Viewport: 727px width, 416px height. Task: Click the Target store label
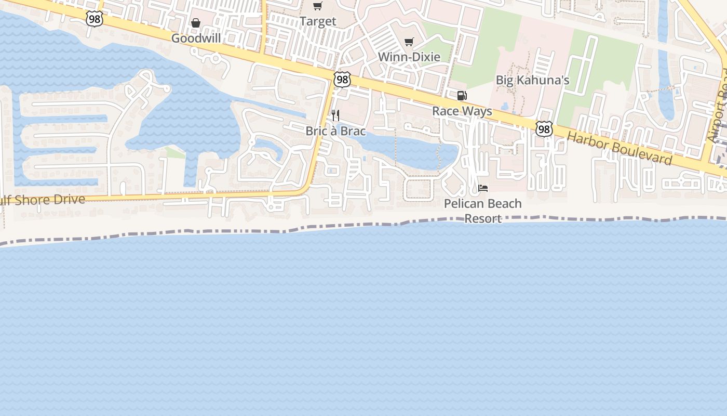coord(318,22)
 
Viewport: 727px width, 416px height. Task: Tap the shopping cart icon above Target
coord(317,6)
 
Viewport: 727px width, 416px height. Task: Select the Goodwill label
coord(196,38)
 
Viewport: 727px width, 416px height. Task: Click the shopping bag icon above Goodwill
coord(196,23)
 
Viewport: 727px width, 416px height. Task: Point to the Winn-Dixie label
coord(409,57)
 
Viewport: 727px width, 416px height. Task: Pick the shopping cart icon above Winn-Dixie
coord(409,42)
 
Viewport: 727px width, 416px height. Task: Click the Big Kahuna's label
coord(532,80)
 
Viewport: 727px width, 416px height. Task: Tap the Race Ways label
coord(462,111)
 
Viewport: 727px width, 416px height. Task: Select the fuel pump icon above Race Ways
coord(462,96)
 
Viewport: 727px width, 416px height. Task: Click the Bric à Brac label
coord(335,131)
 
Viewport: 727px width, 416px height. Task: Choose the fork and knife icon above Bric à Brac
coord(335,115)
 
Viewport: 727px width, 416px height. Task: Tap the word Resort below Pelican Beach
coord(483,218)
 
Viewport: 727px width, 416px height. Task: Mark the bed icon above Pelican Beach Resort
coord(483,188)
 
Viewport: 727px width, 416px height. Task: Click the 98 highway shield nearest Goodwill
coord(95,19)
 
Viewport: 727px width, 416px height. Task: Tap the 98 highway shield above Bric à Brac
coord(342,80)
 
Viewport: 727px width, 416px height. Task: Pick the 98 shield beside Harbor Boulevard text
coord(544,129)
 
